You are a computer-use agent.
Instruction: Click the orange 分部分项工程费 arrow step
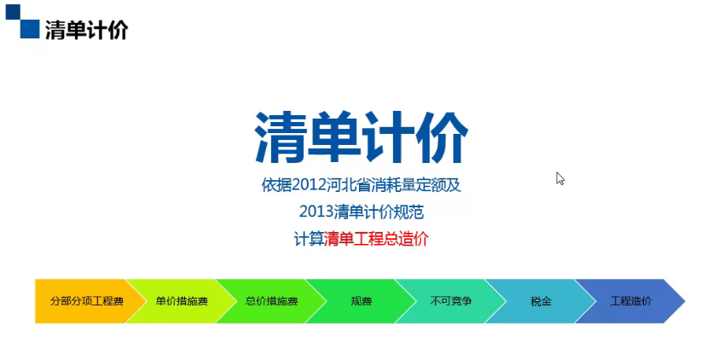85,301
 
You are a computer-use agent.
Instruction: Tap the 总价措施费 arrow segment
271,301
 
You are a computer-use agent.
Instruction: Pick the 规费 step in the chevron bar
361,301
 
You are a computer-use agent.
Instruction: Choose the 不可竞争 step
451,301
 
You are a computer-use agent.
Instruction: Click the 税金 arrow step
541,301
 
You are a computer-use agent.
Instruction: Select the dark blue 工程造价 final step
630,301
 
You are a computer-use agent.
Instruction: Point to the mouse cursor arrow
559,178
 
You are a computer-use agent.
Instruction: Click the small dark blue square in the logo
13,12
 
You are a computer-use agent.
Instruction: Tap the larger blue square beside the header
30,29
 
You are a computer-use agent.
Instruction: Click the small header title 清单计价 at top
87,30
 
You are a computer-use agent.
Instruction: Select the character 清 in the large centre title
281,136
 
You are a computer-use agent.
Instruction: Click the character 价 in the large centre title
442,136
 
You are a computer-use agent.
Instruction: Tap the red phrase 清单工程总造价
376,239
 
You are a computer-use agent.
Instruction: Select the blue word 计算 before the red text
309,239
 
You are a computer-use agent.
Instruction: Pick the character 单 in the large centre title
334,136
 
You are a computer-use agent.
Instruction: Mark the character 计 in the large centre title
388,136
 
